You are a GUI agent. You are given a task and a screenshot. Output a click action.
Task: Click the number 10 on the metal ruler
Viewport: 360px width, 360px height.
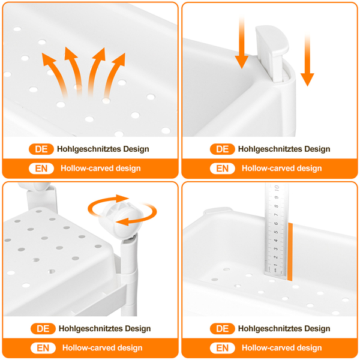pyautogui.click(x=277, y=188)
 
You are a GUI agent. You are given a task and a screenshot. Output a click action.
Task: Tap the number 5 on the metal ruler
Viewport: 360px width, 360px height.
pyautogui.click(x=276, y=232)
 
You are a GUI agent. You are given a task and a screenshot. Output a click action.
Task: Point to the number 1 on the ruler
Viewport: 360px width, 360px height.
pyautogui.click(x=275, y=265)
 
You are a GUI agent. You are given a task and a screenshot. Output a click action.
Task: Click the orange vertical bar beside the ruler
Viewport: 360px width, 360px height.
pyautogui.click(x=290, y=251)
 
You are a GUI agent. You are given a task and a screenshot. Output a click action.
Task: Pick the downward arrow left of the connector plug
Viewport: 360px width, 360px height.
pyautogui.click(x=242, y=41)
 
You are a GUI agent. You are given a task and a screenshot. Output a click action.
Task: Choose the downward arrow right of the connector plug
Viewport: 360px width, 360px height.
pyautogui.click(x=307, y=59)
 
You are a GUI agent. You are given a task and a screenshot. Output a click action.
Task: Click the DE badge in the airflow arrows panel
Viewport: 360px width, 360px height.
pyautogui.click(x=41, y=149)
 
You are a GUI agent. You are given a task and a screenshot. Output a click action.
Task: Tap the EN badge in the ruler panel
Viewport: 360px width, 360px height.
pyautogui.click(x=222, y=348)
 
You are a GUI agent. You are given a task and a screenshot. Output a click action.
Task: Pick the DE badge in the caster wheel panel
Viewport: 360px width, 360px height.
pyautogui.click(x=43, y=329)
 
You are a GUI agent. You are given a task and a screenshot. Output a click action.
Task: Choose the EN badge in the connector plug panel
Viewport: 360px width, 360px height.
pyautogui.click(x=222, y=169)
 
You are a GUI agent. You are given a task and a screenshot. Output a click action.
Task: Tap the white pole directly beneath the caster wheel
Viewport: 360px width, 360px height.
pyautogui.click(x=129, y=275)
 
